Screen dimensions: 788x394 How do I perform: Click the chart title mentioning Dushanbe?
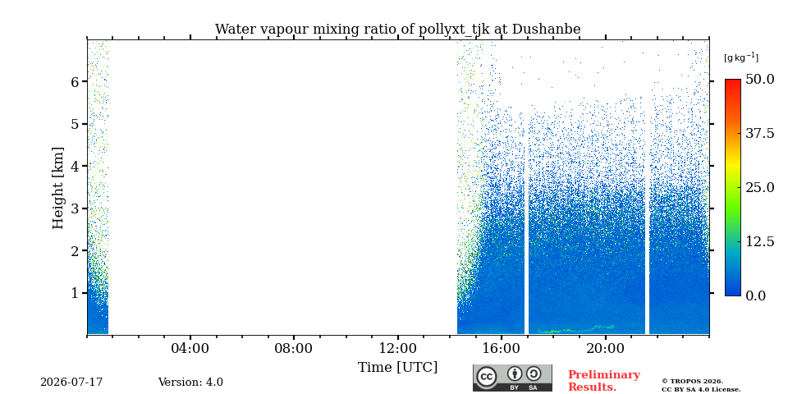[x=397, y=30]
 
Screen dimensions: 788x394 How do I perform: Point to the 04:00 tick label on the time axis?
[x=190, y=348]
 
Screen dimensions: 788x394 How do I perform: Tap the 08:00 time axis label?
[x=294, y=348]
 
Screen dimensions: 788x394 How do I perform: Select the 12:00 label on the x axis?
[x=398, y=348]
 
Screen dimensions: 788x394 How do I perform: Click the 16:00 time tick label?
[x=502, y=348]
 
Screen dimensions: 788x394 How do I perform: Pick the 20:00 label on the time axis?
[x=605, y=348]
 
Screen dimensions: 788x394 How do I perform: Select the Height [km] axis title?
[x=58, y=188]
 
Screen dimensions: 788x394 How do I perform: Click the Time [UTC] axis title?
[x=397, y=368]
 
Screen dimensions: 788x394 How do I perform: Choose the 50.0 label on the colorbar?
[x=760, y=79]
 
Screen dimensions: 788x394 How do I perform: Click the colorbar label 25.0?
[x=760, y=187]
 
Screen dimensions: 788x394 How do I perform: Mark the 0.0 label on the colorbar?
[x=756, y=295]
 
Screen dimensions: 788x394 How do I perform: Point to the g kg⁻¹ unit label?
[x=741, y=57]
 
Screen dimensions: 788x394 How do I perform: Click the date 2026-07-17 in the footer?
[x=71, y=383]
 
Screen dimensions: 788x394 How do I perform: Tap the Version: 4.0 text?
[x=190, y=383]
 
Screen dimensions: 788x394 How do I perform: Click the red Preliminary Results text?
[x=604, y=381]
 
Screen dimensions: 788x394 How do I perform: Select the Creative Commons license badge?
[x=512, y=378]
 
